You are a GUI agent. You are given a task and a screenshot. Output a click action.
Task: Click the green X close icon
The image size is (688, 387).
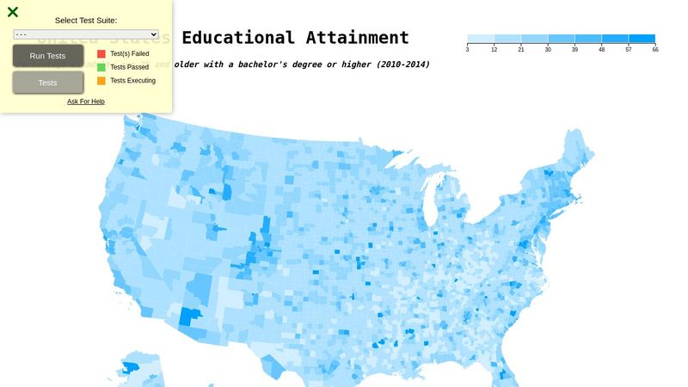(x=13, y=12)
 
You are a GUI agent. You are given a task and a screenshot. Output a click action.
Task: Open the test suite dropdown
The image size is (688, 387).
(x=86, y=34)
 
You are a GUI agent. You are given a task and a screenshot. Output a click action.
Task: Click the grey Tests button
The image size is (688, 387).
(x=48, y=83)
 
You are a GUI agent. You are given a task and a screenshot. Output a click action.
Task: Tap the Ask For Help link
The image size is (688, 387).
(x=86, y=101)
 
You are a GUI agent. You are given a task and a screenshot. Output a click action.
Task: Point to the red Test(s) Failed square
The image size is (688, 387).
(x=101, y=53)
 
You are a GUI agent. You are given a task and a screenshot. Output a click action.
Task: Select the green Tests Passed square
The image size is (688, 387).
(x=101, y=67)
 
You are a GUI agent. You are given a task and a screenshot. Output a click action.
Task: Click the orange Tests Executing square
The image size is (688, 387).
(x=101, y=81)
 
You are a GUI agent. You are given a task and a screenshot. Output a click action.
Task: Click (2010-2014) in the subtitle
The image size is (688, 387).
(x=402, y=64)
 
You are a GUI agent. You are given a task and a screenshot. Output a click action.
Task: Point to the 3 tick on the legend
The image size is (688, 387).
(x=467, y=50)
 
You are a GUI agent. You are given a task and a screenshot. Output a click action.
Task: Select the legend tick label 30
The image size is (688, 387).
(x=548, y=50)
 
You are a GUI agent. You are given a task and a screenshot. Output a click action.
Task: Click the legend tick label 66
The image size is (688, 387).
(x=655, y=50)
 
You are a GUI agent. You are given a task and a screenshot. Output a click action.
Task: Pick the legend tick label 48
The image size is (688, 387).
(x=602, y=50)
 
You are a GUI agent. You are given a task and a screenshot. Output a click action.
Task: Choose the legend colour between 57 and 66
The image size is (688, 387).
(x=642, y=39)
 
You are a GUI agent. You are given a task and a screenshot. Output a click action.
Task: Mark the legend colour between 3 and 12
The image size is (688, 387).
(x=481, y=39)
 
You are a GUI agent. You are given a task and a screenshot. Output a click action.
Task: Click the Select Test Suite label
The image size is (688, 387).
(x=86, y=20)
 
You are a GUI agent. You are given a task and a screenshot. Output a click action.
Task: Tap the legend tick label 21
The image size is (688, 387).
(x=521, y=50)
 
